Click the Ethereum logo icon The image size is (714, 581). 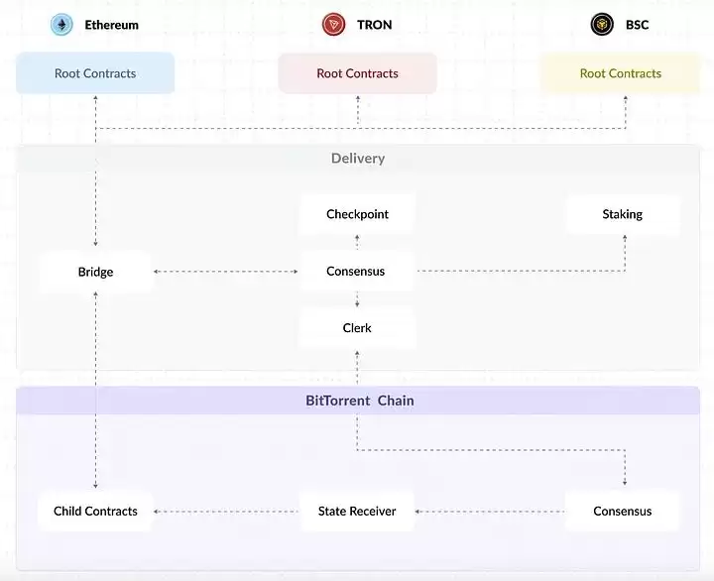(62, 25)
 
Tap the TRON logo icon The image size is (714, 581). (333, 25)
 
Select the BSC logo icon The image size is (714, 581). (602, 25)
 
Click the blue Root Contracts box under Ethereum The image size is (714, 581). (95, 73)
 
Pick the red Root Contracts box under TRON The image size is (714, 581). (357, 73)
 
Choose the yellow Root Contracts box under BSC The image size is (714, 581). (620, 73)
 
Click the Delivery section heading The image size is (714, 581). (357, 159)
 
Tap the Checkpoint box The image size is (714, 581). (357, 214)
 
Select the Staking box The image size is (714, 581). (622, 214)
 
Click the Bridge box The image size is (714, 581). (96, 272)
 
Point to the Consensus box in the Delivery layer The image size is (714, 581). (356, 271)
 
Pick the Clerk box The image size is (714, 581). (357, 328)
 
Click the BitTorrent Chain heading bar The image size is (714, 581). (357, 401)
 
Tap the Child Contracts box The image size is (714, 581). (95, 512)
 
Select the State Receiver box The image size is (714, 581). (357, 512)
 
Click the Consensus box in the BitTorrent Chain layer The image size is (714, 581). (622, 512)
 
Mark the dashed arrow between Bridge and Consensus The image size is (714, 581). (226, 271)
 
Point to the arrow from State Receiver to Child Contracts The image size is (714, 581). (226, 512)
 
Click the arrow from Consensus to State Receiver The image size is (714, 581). (490, 512)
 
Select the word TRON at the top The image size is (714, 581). (374, 25)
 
